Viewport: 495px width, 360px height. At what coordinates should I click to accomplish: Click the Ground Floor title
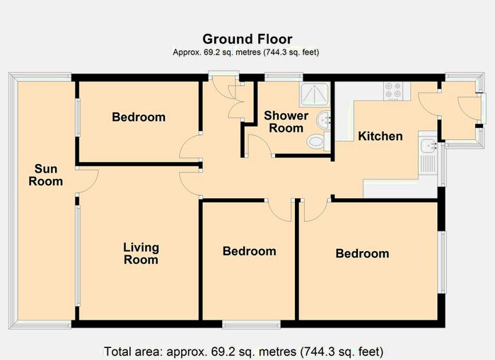point(248,39)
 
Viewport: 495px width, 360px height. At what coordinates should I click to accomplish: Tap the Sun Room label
point(46,175)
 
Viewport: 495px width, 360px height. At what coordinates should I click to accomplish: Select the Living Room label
point(141,253)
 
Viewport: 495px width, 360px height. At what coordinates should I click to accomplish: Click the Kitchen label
point(380,136)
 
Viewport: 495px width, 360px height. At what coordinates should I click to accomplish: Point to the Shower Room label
point(286,122)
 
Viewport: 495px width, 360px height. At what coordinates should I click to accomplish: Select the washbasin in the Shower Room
point(324,120)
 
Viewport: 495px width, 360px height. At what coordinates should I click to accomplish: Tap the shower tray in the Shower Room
point(315,94)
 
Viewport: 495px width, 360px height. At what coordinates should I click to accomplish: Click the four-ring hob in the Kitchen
point(393,91)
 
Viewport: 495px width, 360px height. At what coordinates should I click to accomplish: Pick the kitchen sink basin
point(428,146)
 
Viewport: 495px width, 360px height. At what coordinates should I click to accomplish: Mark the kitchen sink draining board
point(428,163)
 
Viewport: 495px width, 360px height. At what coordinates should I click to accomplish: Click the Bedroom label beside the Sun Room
point(139,117)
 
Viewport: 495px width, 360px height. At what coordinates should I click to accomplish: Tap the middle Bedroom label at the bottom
point(250,251)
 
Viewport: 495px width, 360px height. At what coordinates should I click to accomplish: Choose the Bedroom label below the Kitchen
point(362,254)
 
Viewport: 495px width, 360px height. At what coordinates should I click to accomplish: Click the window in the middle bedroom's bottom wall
point(251,324)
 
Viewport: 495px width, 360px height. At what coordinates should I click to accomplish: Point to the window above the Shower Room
point(284,76)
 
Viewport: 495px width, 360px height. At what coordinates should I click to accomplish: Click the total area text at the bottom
point(244,352)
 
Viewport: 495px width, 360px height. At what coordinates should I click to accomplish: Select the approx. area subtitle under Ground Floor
point(246,52)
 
